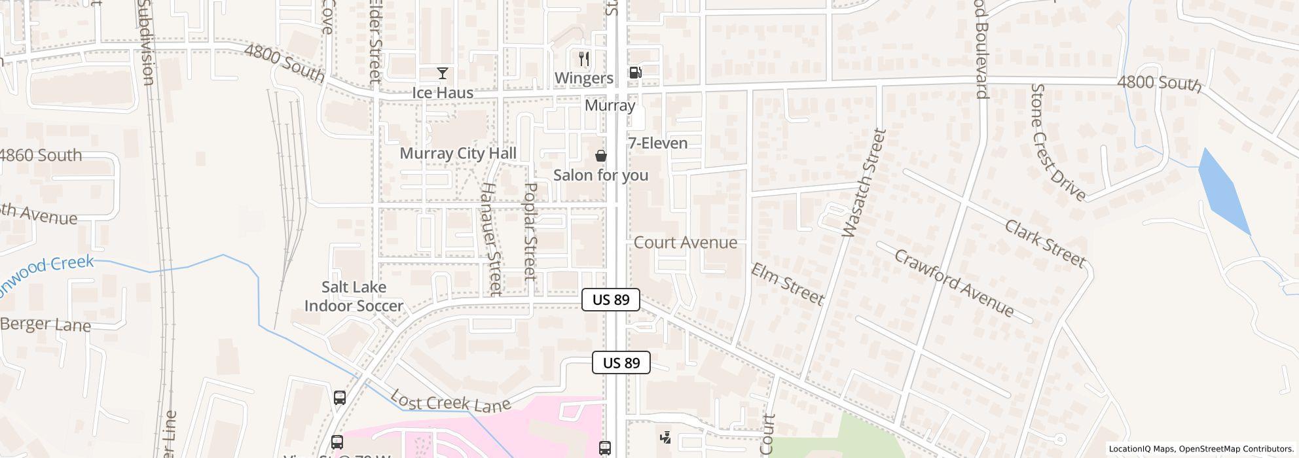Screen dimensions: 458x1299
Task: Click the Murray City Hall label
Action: [x=458, y=153]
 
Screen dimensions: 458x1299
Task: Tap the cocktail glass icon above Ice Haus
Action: [x=443, y=73]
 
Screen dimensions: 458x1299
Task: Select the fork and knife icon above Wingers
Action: [x=584, y=59]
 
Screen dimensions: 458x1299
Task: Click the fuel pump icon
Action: [x=635, y=73]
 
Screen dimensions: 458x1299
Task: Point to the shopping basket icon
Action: [x=600, y=156]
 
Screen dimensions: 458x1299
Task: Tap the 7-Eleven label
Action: [x=658, y=143]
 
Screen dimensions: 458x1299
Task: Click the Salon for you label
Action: [x=600, y=175]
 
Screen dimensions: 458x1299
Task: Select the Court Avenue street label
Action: [x=685, y=243]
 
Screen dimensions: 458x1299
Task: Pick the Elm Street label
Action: [x=786, y=283]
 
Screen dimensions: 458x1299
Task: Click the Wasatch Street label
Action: [x=862, y=183]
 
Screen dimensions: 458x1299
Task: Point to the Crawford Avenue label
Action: [x=954, y=283]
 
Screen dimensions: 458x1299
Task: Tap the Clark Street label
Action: [x=1044, y=243]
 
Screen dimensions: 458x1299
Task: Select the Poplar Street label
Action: [x=530, y=231]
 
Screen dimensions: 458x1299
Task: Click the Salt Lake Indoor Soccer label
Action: [x=354, y=296]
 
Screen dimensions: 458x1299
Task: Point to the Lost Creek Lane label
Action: [x=450, y=401]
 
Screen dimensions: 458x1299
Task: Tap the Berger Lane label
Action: [x=46, y=325]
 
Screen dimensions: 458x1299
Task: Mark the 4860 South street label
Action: [x=41, y=155]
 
